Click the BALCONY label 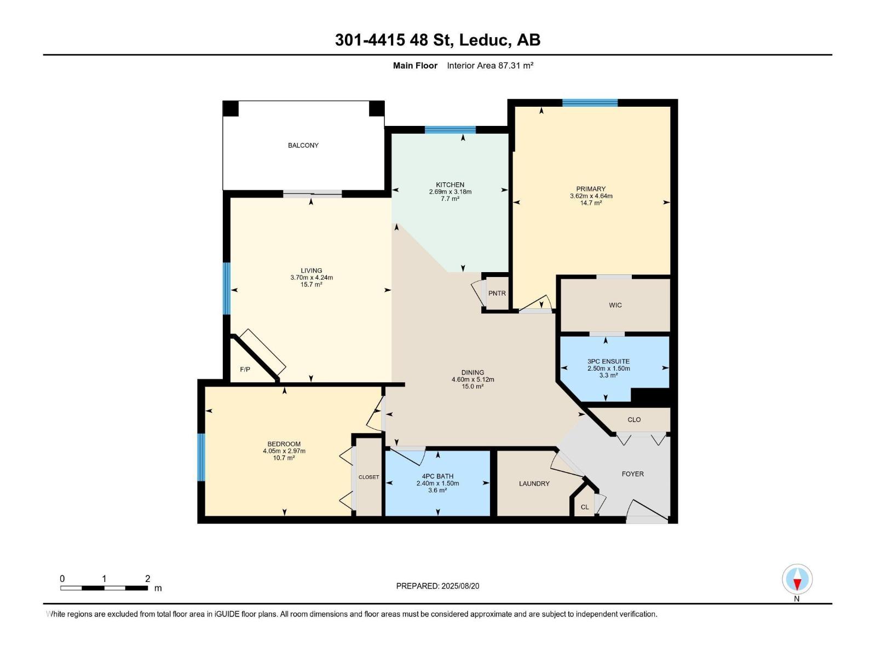click(303, 145)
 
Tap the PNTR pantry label click(497, 293)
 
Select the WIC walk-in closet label click(615, 305)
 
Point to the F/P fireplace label click(245, 370)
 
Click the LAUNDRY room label click(534, 483)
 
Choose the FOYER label click(632, 474)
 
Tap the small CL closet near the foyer click(585, 507)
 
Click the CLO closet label click(634, 419)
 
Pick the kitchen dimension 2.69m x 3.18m click(450, 192)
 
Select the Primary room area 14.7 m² click(591, 203)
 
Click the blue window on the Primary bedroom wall click(590, 103)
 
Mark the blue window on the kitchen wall click(450, 130)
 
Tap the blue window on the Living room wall click(226, 289)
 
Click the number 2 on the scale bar click(148, 578)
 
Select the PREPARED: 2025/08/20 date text click(437, 586)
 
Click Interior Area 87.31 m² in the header click(490, 65)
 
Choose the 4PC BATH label click(437, 476)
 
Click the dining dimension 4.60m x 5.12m click(472, 380)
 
